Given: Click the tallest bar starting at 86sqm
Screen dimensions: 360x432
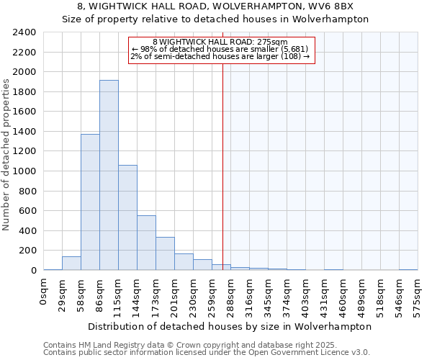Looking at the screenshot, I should (x=109, y=175).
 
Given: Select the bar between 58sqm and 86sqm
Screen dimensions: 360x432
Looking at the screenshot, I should (x=90, y=202).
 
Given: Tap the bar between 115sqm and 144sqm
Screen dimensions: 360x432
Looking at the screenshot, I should (x=127, y=217).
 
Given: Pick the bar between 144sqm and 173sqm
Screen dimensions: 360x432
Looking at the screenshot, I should (x=146, y=243).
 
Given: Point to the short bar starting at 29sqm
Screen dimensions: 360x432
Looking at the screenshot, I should (x=71, y=264).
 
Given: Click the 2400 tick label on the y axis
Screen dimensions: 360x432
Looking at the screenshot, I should (x=25, y=32).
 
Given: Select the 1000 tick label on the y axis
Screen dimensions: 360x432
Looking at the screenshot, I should (x=25, y=171).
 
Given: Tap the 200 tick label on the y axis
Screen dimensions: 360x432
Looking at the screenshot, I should (x=28, y=251).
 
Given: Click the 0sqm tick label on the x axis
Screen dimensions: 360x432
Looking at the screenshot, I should (x=44, y=291).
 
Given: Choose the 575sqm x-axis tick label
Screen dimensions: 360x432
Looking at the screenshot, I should (x=418, y=294).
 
